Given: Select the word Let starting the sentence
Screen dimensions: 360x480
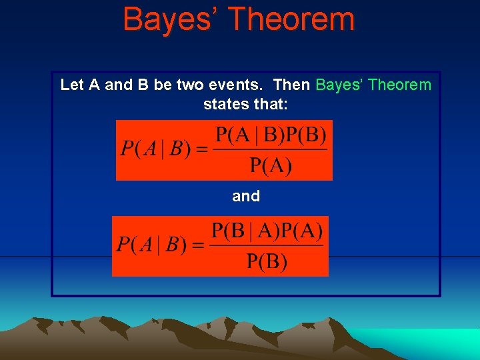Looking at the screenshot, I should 73,85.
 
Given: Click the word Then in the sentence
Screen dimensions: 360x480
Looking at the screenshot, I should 291,85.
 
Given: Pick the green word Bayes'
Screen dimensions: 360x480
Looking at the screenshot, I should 339,85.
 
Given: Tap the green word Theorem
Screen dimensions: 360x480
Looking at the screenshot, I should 399,85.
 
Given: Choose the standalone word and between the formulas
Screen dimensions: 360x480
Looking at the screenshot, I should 246,197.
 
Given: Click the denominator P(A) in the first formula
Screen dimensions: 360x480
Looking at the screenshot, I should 271,165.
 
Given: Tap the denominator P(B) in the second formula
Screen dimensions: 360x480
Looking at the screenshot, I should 267,261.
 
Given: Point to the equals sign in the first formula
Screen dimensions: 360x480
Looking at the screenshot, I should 200,149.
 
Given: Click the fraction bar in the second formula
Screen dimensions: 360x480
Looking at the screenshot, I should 267,245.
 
